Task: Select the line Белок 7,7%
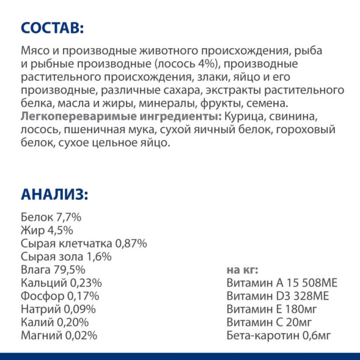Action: [51, 217]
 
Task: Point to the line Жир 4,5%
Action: [46, 230]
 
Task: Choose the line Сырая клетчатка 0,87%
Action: [84, 243]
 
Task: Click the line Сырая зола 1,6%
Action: [65, 257]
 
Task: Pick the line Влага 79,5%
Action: [53, 270]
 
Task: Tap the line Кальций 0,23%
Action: [61, 283]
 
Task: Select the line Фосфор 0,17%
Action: [60, 296]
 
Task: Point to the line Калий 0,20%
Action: [54, 322]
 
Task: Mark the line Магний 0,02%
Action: [59, 336]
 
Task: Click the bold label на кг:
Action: [243, 270]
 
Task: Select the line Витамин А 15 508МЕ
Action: [282, 283]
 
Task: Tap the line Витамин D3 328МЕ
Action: [277, 296]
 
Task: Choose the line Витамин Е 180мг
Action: [271, 309]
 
